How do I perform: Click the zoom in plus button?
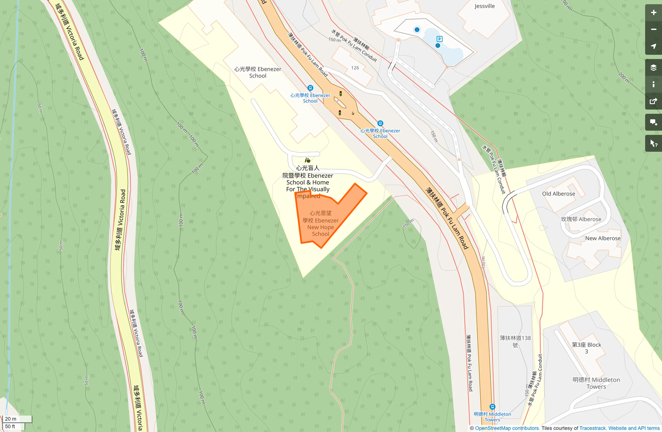point(653,13)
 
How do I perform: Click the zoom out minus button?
point(653,30)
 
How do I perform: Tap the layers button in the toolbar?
point(653,67)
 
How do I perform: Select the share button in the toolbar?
point(653,101)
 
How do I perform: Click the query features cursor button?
point(653,144)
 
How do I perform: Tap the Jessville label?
point(484,6)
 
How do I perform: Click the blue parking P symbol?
point(439,39)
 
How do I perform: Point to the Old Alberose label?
point(558,194)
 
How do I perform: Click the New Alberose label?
point(603,239)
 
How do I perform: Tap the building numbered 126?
point(355,68)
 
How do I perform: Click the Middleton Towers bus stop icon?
point(492,407)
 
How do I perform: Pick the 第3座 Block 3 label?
point(586,348)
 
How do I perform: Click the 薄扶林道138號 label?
point(515,341)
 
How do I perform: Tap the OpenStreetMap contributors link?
point(507,428)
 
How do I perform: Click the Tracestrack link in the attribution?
point(592,428)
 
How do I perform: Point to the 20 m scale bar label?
point(11,419)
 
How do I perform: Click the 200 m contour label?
point(624,78)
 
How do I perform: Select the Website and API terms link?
point(634,428)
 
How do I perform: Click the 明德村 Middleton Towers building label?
point(596,383)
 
